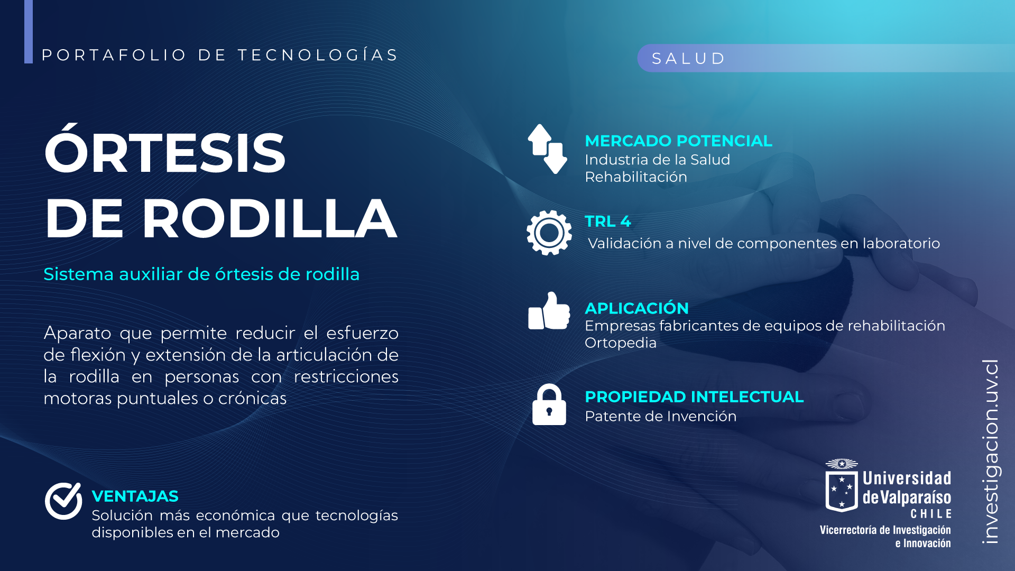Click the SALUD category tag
688,58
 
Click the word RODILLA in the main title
270,218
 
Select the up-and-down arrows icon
548,149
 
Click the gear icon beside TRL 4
549,233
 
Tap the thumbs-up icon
549,311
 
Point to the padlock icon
549,404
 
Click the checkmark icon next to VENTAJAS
63,501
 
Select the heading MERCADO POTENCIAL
678,141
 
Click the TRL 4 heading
608,222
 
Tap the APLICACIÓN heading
636,307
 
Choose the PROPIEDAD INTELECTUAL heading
694,397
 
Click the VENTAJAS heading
135,496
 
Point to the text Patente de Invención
660,417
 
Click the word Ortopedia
621,343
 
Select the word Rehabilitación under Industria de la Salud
636,177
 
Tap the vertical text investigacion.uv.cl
990,452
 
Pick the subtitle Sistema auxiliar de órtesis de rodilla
201,274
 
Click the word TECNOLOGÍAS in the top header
317,54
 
